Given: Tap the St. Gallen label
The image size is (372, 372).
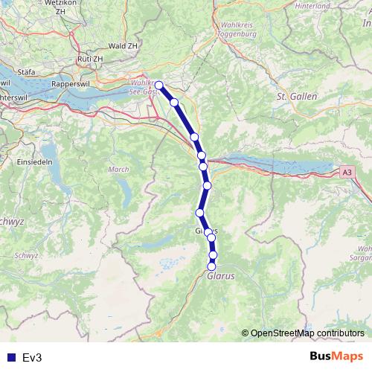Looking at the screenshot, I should point(297,97).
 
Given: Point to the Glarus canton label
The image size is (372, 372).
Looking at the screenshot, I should point(221,275).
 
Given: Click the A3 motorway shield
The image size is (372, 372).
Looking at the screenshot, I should point(347,172).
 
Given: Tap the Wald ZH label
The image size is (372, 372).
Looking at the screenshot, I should point(122,45).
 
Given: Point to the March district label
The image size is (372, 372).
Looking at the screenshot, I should point(119,170).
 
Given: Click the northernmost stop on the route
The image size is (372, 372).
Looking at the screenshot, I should point(158,85).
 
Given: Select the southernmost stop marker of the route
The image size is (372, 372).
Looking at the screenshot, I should point(211,266).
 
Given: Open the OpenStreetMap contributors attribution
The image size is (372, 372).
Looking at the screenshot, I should point(307,333).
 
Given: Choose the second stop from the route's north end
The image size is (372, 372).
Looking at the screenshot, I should point(174,102).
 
